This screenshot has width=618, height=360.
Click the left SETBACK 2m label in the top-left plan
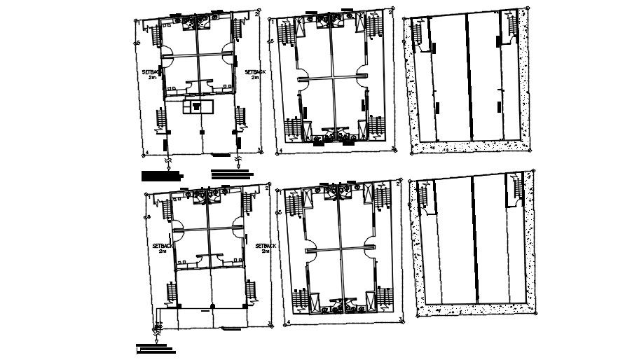coord(152,74)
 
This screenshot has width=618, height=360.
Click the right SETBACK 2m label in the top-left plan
coord(254,74)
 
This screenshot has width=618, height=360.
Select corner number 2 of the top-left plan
coord(257,13)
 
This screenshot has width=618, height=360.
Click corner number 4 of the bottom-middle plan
coord(287,322)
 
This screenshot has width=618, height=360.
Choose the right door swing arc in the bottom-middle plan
coord(370,244)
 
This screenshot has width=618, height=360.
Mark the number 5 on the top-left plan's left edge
coord(138,43)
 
